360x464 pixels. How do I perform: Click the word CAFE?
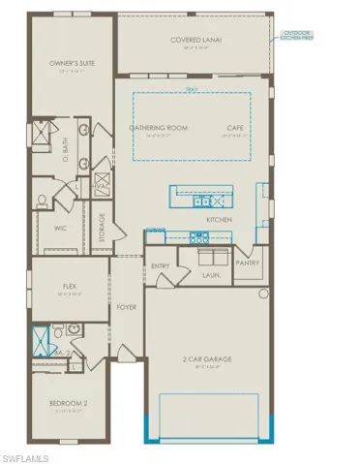point(234,128)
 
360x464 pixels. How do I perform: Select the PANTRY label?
point(250,262)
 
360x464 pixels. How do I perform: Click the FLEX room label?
point(69,287)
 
